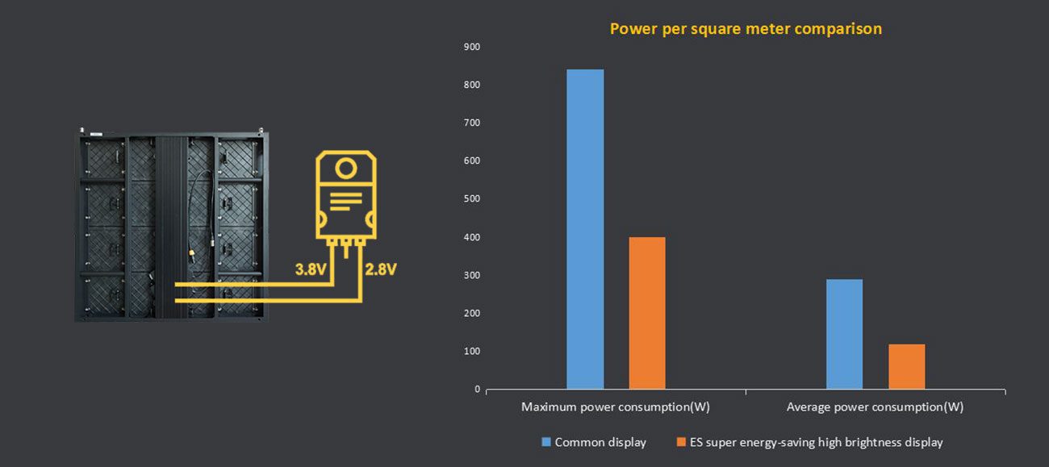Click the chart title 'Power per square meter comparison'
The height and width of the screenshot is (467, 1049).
click(746, 29)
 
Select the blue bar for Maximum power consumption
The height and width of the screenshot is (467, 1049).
click(585, 229)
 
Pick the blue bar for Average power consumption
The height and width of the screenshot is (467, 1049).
click(844, 334)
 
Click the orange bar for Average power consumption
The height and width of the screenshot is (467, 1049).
click(906, 366)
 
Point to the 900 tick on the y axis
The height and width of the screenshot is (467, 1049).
click(472, 47)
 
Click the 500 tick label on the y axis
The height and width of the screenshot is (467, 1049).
click(472, 199)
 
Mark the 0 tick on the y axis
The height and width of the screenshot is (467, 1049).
click(477, 390)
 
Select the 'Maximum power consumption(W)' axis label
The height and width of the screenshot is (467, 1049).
click(616, 407)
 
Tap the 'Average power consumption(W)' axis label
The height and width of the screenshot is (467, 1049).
click(875, 407)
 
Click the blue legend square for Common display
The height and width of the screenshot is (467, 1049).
click(546, 442)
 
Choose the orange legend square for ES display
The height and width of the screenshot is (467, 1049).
click(682, 442)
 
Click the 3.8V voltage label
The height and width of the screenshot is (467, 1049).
click(311, 269)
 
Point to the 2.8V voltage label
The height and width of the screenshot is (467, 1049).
click(381, 269)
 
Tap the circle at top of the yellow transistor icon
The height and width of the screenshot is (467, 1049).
click(345, 169)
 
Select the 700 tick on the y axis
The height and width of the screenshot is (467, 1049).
click(472, 123)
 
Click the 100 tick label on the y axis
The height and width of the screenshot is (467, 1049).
click(472, 352)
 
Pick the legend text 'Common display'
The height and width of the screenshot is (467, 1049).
click(600, 442)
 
